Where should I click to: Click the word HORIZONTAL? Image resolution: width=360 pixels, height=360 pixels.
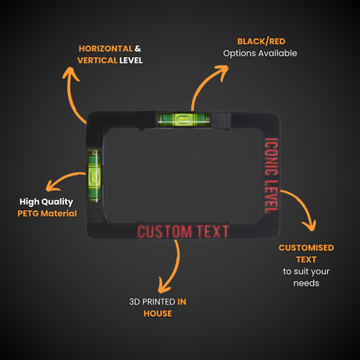coord(106,48)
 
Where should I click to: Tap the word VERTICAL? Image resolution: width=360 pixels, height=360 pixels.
coord(97,61)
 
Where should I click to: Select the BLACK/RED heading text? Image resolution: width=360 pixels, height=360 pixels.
coord(261,42)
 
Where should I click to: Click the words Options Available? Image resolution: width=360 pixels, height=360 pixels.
coord(260,54)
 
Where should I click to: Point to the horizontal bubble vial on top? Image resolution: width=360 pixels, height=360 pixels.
coord(183,119)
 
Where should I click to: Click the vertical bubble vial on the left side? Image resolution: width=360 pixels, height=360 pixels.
coord(94,175)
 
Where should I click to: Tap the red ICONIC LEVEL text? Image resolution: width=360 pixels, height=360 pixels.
coord(272,176)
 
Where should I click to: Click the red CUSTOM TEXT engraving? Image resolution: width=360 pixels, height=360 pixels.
coord(183,231)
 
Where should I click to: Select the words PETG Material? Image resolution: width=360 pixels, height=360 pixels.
coord(48,214)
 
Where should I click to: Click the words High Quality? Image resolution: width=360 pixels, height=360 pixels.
coord(46,202)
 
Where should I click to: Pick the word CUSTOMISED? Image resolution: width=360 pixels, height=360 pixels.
coord(306,247)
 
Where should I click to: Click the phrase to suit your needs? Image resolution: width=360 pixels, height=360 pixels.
coord(306,277)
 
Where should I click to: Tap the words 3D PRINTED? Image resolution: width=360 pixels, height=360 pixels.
coord(152,302)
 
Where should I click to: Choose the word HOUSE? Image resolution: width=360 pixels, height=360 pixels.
coord(157,313)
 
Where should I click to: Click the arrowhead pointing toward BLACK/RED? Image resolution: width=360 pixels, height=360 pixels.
coord(222,72)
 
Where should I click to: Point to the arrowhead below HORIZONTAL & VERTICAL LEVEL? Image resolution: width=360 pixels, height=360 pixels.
coord(71,74)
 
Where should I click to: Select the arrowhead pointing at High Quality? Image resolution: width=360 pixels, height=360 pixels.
coord(53,185)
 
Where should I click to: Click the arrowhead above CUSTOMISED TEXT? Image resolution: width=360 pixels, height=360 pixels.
coord(309,226)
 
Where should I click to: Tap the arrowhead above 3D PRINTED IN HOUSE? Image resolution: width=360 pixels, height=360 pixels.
coord(164,286)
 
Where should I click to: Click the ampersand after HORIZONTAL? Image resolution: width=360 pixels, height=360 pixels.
coord(138,48)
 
